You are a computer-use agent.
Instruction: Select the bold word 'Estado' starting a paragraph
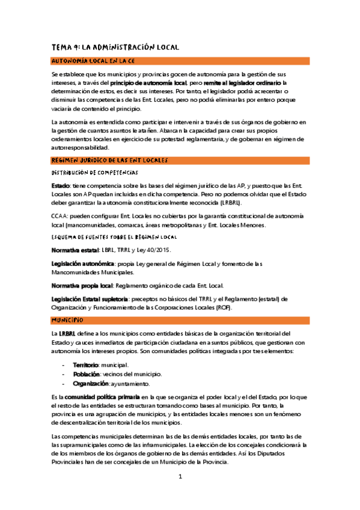(61, 185)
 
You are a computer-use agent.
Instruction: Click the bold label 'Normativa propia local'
(81, 286)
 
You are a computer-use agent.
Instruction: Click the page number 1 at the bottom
(180, 477)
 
